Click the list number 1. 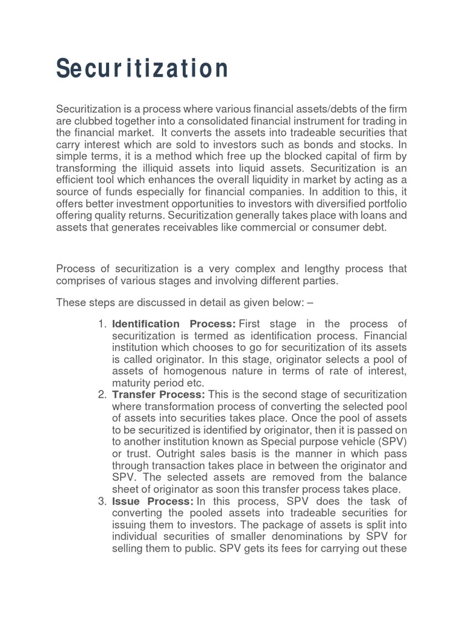click(102, 324)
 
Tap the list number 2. click(102, 395)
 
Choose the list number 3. click(102, 501)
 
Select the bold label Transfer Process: click(159, 395)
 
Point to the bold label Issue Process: click(153, 501)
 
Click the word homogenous click(192, 371)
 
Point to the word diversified click(336, 205)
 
